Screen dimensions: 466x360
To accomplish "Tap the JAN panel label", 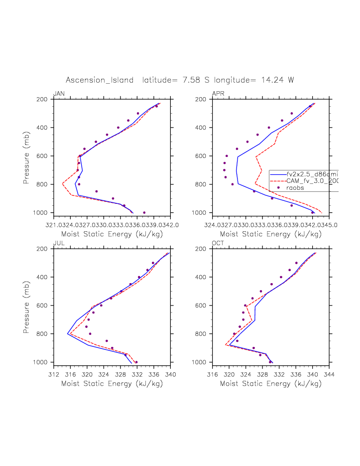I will (59, 94).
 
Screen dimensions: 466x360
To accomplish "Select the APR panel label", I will (218, 94).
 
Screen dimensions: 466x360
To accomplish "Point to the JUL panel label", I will (59, 243).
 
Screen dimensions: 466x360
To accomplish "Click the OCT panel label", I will (218, 243).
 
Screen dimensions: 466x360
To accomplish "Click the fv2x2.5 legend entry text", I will (312, 174).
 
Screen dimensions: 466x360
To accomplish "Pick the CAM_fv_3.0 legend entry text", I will (312, 181).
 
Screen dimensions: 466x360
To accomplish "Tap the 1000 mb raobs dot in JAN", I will (144, 213).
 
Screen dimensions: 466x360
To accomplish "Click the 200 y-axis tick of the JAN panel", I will (45, 99).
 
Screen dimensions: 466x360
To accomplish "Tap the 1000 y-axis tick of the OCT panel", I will (203, 362).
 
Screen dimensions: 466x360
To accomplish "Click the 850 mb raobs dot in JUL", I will (107, 341).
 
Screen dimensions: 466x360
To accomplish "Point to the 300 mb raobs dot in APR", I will (292, 113).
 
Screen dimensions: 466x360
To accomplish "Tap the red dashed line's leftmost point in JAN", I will (63, 184).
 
